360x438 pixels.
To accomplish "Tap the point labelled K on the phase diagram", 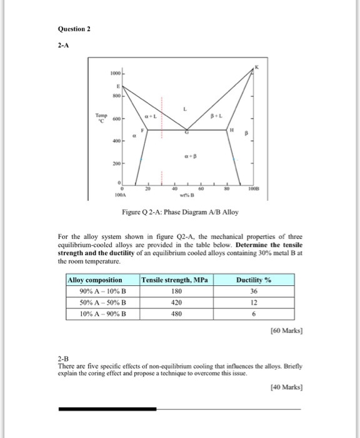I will tap(256, 66).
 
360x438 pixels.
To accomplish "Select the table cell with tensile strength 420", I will tap(176, 302).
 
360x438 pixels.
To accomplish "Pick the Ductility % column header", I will tap(252, 280).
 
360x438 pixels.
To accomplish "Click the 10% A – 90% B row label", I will tap(97, 313).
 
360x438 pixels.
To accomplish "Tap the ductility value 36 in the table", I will tap(252, 291).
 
